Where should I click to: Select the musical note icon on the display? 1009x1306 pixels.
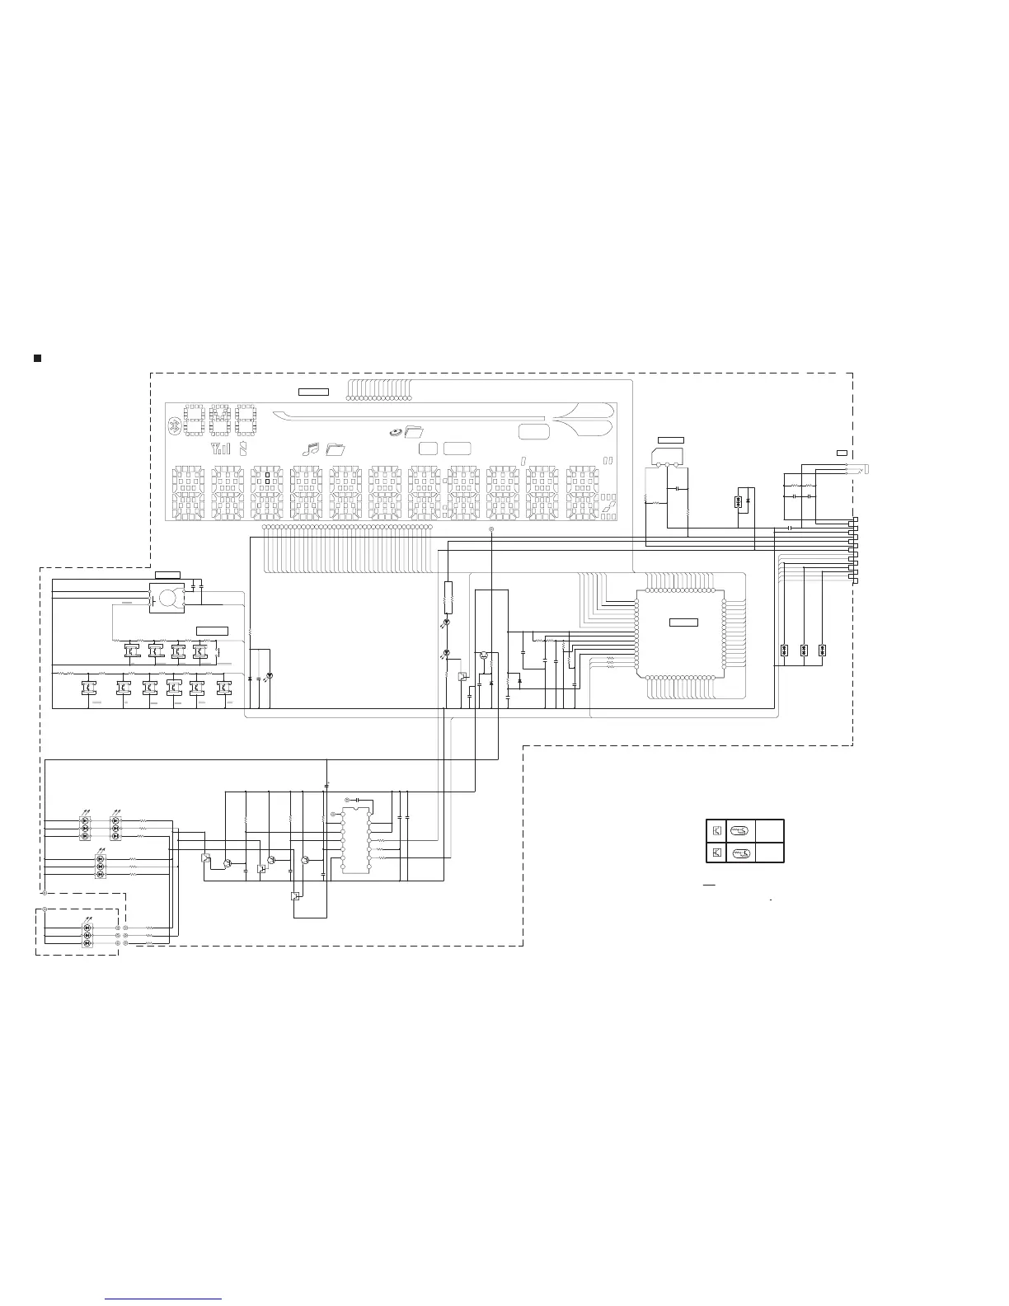point(311,449)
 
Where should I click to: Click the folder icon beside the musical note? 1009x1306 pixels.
point(336,449)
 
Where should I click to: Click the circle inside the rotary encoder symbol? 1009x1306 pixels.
point(168,596)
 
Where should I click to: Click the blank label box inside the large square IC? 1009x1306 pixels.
point(683,622)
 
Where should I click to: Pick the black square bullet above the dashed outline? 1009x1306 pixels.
point(37,358)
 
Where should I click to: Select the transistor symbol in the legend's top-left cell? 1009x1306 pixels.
point(717,830)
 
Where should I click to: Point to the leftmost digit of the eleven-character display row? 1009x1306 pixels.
point(190,494)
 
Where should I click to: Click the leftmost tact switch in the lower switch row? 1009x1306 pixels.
point(88,687)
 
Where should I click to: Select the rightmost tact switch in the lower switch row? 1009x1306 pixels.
point(223,687)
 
